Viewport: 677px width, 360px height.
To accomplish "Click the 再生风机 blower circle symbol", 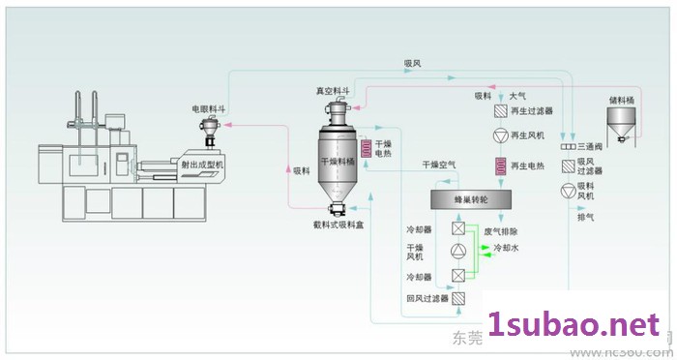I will (x=499, y=134).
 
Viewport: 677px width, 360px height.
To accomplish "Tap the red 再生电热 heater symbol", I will (x=500, y=166).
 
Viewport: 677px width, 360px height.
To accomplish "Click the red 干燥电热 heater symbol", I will (x=367, y=148).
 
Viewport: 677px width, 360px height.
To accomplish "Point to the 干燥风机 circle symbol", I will (x=458, y=252).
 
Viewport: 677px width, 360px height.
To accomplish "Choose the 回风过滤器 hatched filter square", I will (x=458, y=298).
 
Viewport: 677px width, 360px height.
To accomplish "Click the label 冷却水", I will (x=508, y=249).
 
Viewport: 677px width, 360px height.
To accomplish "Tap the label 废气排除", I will (x=500, y=231).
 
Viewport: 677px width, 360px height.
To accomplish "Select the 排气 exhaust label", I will (x=586, y=218).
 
